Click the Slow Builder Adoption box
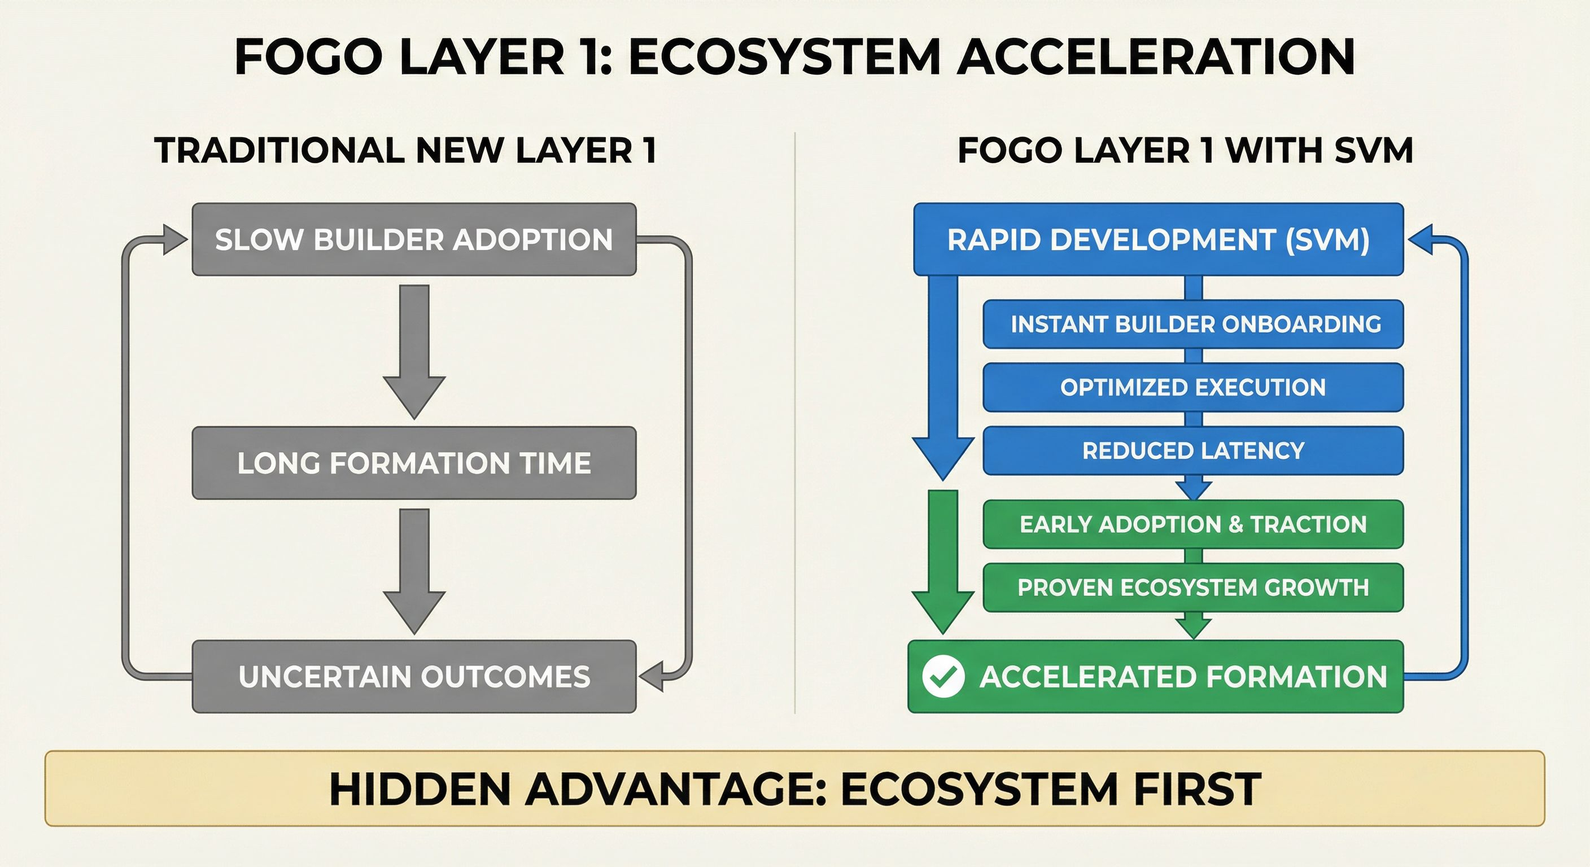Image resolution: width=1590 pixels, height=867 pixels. click(413, 239)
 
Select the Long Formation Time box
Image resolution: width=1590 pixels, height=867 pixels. click(413, 463)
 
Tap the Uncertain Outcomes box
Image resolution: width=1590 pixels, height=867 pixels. click(413, 676)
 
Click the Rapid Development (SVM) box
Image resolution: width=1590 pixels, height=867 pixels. click(1158, 239)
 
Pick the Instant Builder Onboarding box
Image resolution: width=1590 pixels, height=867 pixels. click(1192, 324)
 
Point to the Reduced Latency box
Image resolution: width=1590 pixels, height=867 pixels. click(1192, 450)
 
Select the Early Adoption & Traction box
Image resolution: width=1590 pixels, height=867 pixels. click(1192, 524)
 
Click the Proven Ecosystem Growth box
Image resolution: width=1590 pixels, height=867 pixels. click(1192, 588)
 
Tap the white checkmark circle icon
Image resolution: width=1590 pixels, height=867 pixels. click(943, 676)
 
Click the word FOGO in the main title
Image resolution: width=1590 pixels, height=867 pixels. click(309, 57)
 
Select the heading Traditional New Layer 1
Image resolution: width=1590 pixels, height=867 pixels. click(405, 151)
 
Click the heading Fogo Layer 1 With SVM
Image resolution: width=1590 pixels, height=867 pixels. click(1185, 151)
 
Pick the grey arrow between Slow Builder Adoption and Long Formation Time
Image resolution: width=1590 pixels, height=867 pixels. click(414, 352)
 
